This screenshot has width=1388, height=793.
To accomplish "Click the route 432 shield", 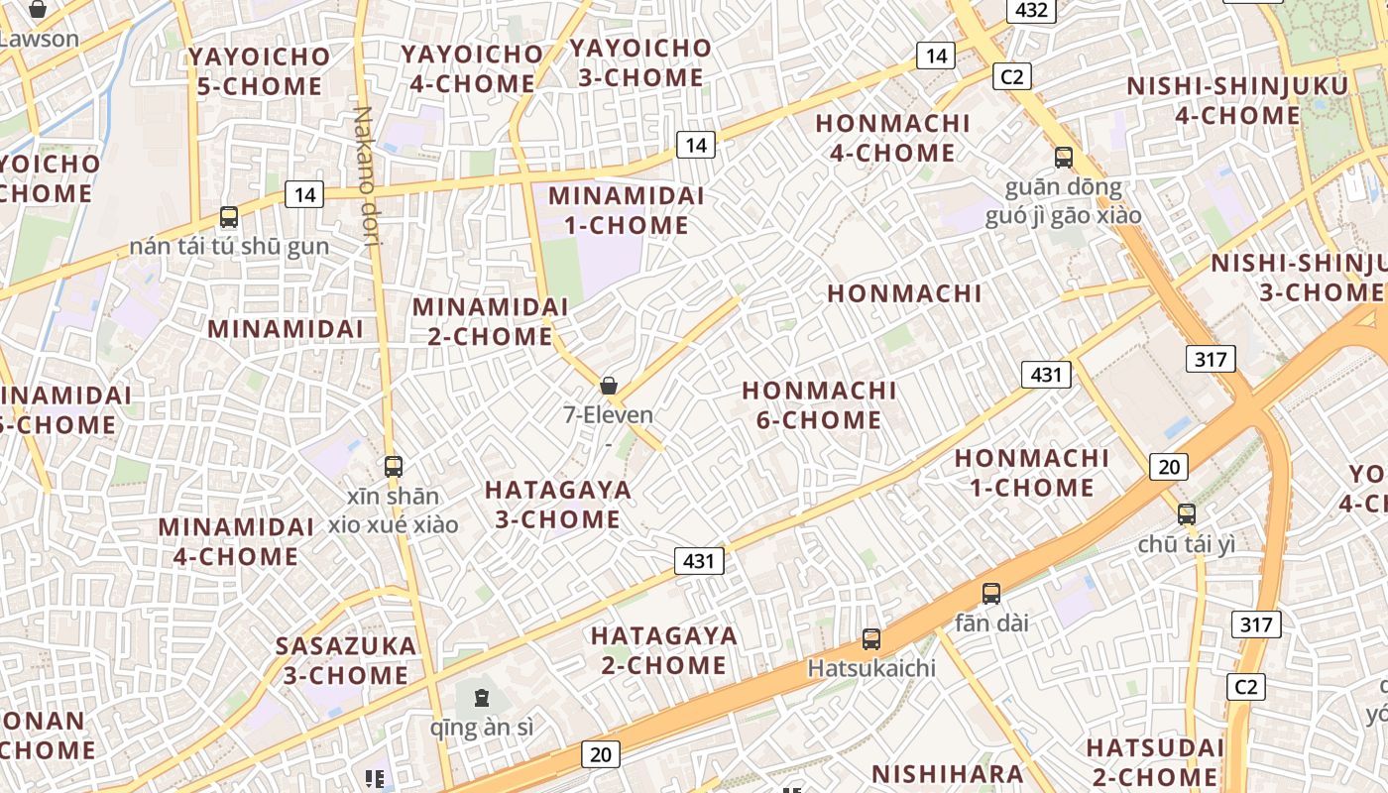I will pyautogui.click(x=1031, y=10).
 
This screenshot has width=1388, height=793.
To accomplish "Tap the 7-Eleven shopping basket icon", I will pyautogui.click(x=609, y=386).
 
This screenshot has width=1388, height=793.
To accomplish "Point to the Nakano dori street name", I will pyautogui.click(x=367, y=169).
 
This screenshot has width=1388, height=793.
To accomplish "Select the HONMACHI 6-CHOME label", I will pyautogui.click(x=819, y=405).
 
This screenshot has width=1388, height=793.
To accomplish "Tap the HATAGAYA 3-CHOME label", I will pyautogui.click(x=557, y=505).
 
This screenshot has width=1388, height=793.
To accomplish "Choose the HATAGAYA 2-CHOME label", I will pyautogui.click(x=664, y=650).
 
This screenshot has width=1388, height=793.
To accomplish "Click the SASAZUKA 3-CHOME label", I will pyautogui.click(x=346, y=660).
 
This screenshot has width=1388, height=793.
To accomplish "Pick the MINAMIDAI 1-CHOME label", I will pyautogui.click(x=626, y=210).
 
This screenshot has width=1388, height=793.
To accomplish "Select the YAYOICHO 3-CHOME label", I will pyautogui.click(x=640, y=62).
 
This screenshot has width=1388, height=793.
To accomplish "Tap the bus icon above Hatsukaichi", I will pyautogui.click(x=871, y=639).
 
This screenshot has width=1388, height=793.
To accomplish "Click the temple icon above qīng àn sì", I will pyautogui.click(x=481, y=699).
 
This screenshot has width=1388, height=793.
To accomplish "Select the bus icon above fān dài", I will pyautogui.click(x=991, y=594).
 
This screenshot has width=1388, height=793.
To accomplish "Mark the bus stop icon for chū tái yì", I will pyautogui.click(x=1187, y=514).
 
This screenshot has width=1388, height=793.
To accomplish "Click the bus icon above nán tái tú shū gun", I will pyautogui.click(x=229, y=217).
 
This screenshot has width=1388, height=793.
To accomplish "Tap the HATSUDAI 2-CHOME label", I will pyautogui.click(x=1155, y=761).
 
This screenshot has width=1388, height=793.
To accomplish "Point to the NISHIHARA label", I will pyautogui.click(x=947, y=774).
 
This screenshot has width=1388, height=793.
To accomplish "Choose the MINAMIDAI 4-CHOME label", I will pyautogui.click(x=236, y=541).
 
